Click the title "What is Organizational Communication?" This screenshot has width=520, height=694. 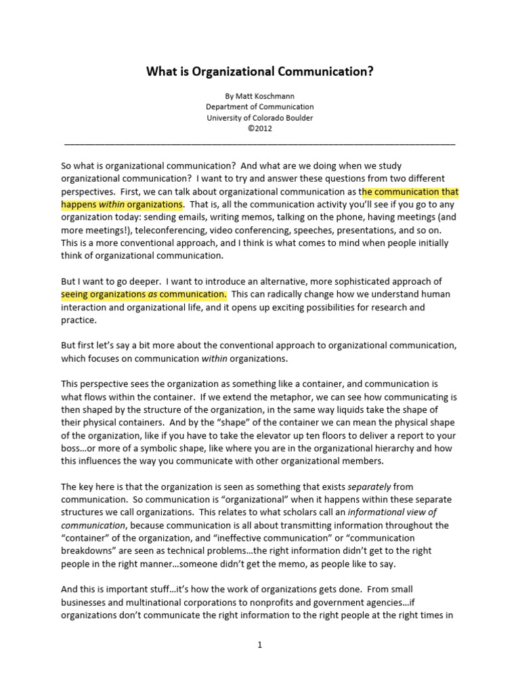(x=260, y=71)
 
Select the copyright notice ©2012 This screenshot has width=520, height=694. (x=260, y=129)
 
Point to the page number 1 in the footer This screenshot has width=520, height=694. (x=259, y=645)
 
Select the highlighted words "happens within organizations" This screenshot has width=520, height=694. (x=122, y=205)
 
